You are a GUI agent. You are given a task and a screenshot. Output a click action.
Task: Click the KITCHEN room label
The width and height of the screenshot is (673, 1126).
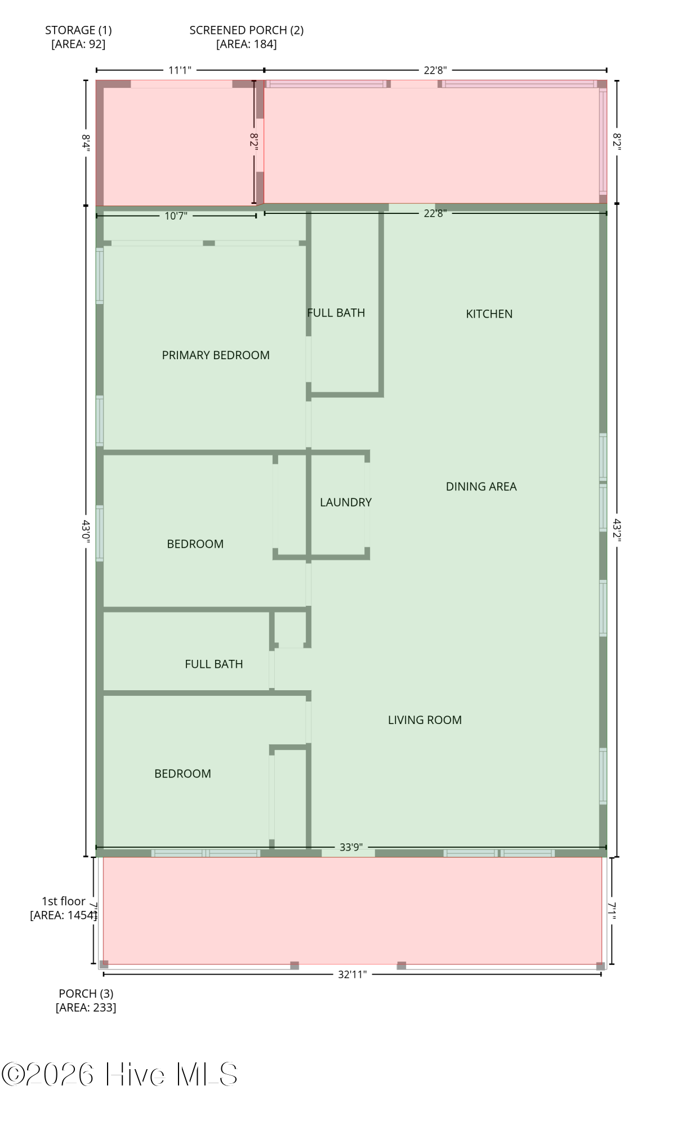(489, 314)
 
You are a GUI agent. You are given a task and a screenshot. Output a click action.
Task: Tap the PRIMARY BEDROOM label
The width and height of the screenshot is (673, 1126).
(216, 355)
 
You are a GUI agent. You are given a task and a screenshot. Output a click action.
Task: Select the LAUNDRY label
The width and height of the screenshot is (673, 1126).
(346, 502)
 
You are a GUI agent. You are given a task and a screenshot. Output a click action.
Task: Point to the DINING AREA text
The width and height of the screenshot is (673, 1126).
(481, 486)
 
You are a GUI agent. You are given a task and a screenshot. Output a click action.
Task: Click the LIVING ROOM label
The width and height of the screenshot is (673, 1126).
(425, 720)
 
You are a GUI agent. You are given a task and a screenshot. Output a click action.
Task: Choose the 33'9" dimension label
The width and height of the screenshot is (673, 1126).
(351, 847)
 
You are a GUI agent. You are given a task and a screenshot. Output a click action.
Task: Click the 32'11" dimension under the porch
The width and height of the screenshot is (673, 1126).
(352, 974)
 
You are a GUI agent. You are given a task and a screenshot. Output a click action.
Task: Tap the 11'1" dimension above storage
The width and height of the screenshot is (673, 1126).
(180, 70)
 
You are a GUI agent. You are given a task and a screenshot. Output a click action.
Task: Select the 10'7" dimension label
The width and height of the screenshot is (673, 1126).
(176, 216)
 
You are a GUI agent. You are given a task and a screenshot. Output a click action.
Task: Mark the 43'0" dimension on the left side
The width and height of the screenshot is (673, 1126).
(86, 530)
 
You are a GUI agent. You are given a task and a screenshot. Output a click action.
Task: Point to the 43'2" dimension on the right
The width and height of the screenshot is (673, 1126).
(617, 530)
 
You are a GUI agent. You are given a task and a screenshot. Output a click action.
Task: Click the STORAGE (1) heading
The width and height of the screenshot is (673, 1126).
(78, 30)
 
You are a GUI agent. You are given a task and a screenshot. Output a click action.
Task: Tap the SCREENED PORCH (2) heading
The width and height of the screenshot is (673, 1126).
(247, 30)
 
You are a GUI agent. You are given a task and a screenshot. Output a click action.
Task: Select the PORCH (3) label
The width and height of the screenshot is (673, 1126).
(86, 994)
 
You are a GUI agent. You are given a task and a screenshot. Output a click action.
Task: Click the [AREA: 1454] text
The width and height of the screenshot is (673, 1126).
(64, 915)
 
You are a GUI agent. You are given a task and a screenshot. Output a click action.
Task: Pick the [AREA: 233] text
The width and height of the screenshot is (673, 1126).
(86, 1007)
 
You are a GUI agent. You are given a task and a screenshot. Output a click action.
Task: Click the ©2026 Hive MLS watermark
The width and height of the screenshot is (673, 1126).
(119, 1074)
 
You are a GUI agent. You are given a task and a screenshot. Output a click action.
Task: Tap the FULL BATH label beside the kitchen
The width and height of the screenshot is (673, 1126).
(336, 312)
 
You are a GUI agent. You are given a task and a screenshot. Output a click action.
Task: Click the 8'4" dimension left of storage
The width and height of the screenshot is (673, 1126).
(86, 142)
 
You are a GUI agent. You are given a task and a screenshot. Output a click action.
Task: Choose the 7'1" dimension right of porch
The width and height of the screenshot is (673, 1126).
(612, 910)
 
